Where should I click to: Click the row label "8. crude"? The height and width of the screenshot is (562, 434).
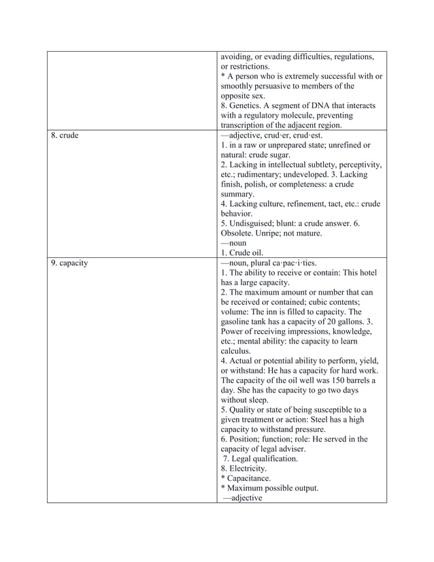pyautogui.click(x=65, y=135)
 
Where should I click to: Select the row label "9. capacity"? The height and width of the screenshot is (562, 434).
pyautogui.click(x=70, y=263)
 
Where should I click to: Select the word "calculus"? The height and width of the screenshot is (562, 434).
pyautogui.click(x=236, y=350)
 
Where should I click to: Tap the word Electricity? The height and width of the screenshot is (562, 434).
pyautogui.click(x=249, y=469)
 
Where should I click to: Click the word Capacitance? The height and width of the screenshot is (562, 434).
pyautogui.click(x=252, y=478)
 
